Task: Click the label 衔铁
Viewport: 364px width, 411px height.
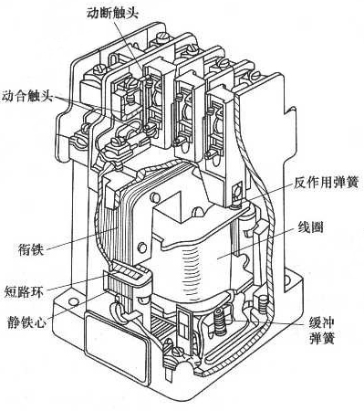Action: (x=29, y=245)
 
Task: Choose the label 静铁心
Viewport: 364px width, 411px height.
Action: (x=25, y=319)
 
